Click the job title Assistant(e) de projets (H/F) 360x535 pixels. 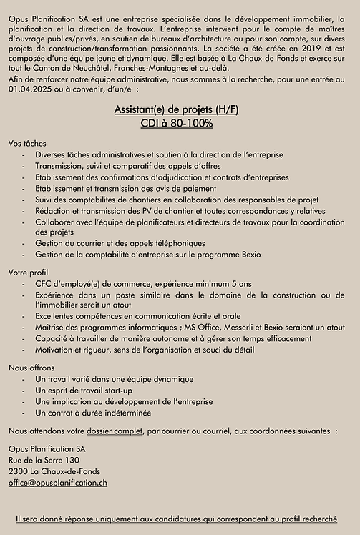[x=180, y=109]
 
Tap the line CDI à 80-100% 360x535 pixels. [x=180, y=124]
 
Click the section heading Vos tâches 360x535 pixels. [x=27, y=143]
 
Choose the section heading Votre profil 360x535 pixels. [x=29, y=273]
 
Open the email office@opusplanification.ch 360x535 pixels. [x=58, y=483]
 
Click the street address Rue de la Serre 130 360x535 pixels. [x=44, y=460]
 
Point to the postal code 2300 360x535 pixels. [x=18, y=471]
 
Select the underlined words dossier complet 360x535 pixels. [x=113, y=431]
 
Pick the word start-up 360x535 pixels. [x=118, y=391]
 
